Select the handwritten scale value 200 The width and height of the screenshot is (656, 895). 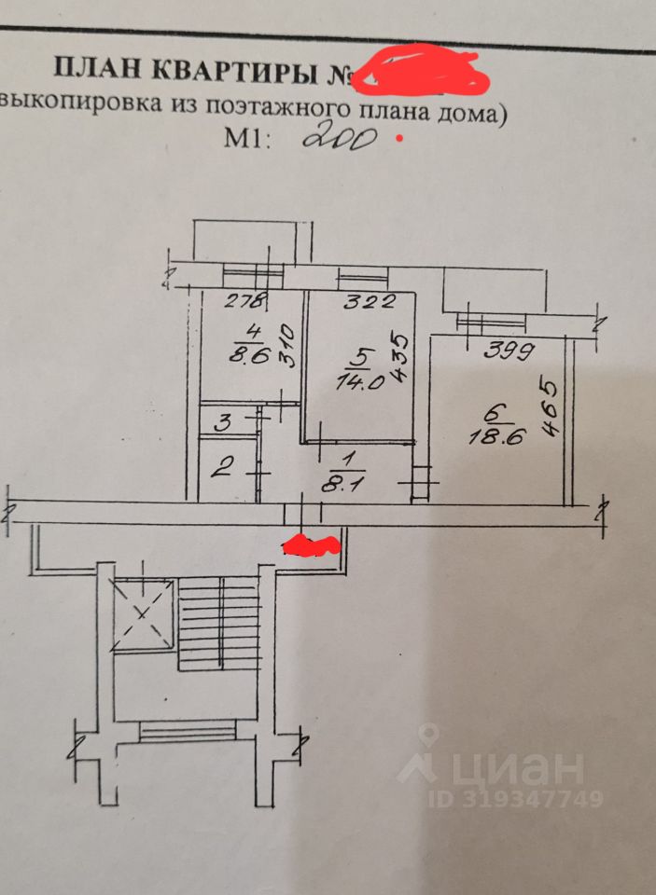(340, 139)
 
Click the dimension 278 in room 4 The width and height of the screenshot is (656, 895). (245, 300)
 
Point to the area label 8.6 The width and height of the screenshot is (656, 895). (249, 353)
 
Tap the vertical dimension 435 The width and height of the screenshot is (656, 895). (398, 354)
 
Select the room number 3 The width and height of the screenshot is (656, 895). (223, 421)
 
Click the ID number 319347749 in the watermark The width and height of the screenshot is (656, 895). (516, 799)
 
